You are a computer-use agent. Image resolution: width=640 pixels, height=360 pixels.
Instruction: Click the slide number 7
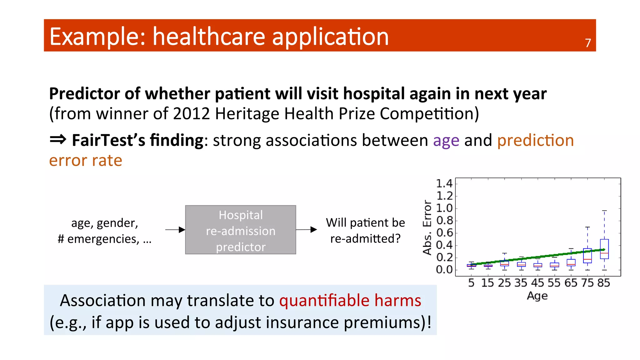click(588, 43)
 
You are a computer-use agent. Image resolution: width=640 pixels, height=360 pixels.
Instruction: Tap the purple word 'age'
click(446, 141)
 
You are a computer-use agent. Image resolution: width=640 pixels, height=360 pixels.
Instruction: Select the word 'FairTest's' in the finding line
click(108, 140)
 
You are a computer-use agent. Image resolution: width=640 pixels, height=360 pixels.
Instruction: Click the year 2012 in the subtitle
click(191, 113)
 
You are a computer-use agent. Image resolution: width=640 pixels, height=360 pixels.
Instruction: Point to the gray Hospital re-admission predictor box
click(240, 230)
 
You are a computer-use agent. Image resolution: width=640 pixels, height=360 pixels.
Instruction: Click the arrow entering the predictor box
click(175, 230)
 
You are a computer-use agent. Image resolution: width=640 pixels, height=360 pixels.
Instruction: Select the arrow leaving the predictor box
click(306, 230)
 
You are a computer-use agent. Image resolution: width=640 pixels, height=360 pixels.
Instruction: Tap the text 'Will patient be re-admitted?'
click(365, 231)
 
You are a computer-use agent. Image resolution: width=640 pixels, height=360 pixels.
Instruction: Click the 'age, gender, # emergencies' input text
click(105, 231)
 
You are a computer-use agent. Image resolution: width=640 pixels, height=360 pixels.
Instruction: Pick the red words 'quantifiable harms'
click(350, 300)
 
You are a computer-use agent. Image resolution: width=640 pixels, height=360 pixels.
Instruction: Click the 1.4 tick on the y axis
click(444, 183)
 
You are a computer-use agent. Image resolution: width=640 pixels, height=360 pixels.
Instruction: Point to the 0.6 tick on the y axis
click(444, 233)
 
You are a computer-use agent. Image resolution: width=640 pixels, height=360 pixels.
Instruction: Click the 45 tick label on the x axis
click(537, 283)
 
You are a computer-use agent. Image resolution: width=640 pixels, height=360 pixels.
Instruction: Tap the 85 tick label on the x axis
click(604, 283)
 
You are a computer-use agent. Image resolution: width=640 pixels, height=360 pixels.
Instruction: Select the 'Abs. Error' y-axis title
click(427, 227)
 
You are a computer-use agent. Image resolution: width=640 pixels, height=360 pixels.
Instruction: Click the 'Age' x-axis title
click(537, 296)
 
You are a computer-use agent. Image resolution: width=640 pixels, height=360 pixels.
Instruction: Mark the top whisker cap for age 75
click(587, 227)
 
